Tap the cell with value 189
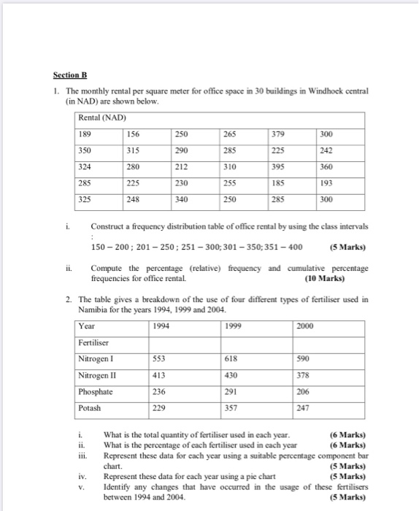click(x=86, y=134)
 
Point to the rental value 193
click(x=326, y=183)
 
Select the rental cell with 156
click(x=134, y=134)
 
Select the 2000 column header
click(x=306, y=326)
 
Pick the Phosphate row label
click(x=96, y=392)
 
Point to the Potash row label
click(x=90, y=408)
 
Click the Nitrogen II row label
click(x=98, y=376)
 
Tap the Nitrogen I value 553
click(x=159, y=359)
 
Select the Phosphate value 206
click(x=304, y=392)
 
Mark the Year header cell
click(x=88, y=326)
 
